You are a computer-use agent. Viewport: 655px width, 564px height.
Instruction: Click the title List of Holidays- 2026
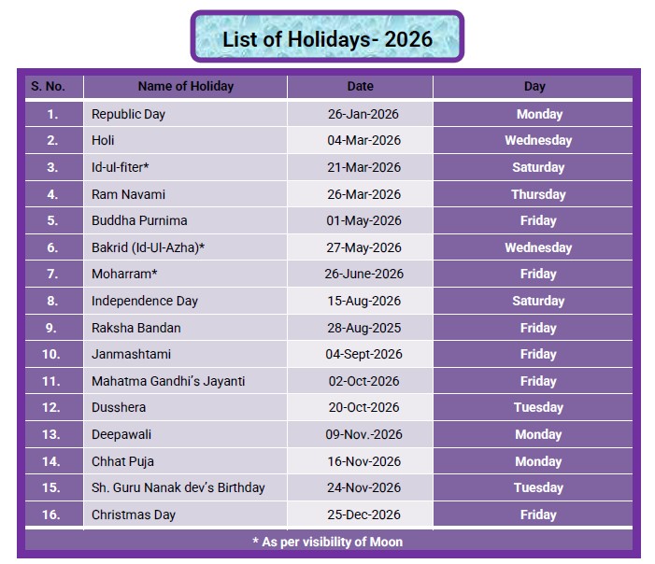(327, 39)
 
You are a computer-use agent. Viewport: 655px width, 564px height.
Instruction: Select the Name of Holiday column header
(185, 87)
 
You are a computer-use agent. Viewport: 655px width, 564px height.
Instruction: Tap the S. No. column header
(48, 87)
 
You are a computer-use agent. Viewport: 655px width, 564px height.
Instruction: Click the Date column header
(360, 87)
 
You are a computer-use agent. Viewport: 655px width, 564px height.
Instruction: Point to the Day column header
(534, 87)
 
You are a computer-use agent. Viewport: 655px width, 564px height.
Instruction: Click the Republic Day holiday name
(128, 114)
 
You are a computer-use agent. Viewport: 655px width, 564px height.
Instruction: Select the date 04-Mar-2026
(363, 140)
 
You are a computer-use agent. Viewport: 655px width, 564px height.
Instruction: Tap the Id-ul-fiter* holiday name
(121, 167)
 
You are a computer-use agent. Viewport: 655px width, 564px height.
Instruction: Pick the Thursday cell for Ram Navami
(538, 194)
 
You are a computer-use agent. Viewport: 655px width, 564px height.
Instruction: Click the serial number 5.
(52, 220)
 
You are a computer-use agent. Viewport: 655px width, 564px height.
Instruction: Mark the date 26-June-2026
(363, 274)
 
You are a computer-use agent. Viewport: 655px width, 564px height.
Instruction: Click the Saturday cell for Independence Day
(538, 301)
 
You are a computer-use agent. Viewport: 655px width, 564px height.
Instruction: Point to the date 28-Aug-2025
(363, 328)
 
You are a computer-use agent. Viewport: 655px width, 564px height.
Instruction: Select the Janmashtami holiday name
(131, 355)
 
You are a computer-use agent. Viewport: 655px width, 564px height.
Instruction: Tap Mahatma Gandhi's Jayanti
(168, 381)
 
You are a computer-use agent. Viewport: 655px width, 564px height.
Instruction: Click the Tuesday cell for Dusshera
(538, 407)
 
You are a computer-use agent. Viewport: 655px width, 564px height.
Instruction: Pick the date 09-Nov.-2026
(363, 434)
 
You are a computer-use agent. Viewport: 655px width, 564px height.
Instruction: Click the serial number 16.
(51, 515)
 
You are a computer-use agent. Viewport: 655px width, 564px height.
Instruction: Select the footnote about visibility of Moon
(327, 542)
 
